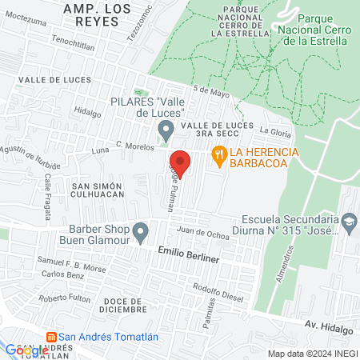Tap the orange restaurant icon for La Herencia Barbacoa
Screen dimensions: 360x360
click(x=216, y=154)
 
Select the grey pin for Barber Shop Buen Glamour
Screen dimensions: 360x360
click(x=141, y=233)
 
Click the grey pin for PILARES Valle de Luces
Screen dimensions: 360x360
click(x=166, y=129)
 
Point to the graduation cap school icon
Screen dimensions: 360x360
click(x=350, y=221)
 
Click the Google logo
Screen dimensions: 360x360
click(x=26, y=350)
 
